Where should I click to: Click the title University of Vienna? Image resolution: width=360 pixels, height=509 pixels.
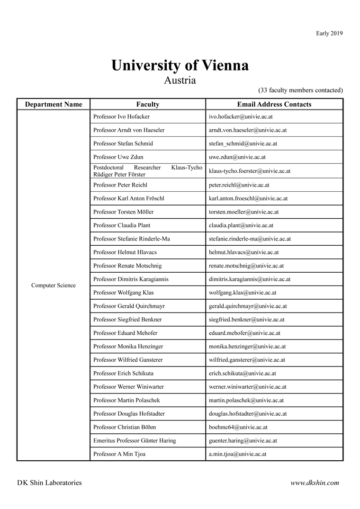coord(180,65)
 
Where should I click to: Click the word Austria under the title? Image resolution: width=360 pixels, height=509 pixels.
coord(180,80)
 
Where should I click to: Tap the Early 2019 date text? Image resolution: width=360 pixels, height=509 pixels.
coord(329,33)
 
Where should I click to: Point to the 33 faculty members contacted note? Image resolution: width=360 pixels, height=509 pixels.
coord(300,90)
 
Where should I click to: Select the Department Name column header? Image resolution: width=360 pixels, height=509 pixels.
coord(54,104)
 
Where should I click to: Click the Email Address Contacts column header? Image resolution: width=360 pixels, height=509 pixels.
coord(274,104)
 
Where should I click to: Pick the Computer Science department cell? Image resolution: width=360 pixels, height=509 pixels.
coord(54,286)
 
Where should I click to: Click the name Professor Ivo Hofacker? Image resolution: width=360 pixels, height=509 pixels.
coord(121,116)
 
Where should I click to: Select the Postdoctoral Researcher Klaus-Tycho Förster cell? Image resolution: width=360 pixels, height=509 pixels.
coord(148,171)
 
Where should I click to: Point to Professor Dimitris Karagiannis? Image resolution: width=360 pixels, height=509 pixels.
coord(131,279)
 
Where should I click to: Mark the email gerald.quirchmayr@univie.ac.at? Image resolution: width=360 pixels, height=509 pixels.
coord(248,306)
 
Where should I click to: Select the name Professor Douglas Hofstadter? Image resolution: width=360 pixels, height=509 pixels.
coord(129,414)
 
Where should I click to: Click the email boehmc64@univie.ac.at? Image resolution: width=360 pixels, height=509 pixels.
coord(238,427)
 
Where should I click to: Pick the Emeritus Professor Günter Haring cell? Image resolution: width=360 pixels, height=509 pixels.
coord(135,440)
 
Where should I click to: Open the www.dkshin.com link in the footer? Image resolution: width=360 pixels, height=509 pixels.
coord(315,483)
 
